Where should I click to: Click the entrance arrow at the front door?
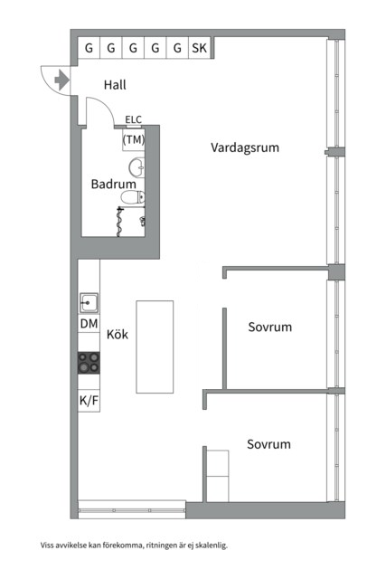point(61,81)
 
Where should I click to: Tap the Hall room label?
point(115,85)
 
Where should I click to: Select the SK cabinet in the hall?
point(199,48)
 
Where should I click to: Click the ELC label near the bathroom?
point(133,119)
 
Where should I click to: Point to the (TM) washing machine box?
point(133,139)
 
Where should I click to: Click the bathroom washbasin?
point(137,166)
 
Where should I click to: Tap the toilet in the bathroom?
point(133,197)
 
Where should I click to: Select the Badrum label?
point(113,184)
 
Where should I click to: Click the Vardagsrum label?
point(245,147)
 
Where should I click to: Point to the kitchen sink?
point(89,303)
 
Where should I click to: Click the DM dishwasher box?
point(89,324)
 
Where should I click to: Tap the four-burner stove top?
point(89,363)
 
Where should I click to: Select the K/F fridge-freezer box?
point(89,400)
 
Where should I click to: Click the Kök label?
point(118,335)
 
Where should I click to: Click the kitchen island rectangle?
point(155,346)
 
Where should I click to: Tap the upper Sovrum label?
point(269,327)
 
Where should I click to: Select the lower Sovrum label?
point(268,444)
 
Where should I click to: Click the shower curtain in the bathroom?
point(119,222)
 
